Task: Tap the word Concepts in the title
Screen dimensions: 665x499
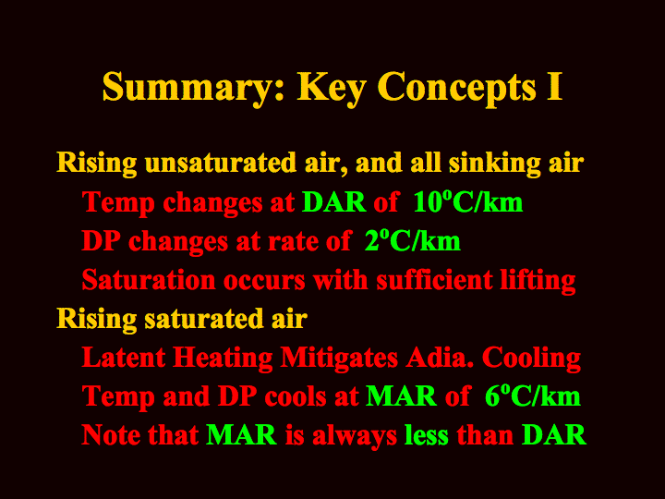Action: click(x=456, y=88)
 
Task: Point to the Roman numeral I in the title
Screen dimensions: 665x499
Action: click(x=554, y=86)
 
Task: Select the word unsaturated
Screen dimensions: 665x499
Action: click(x=221, y=163)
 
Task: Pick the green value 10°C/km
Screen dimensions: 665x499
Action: click(x=467, y=201)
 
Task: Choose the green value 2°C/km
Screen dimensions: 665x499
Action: click(x=413, y=240)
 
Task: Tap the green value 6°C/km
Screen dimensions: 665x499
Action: click(x=533, y=396)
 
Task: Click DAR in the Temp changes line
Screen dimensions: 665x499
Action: click(x=333, y=202)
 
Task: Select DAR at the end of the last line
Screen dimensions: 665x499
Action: click(x=554, y=435)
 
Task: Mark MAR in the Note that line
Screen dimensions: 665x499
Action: click(x=241, y=435)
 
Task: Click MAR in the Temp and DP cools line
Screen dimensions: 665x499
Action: click(x=401, y=396)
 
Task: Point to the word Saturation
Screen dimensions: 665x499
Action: click(x=149, y=280)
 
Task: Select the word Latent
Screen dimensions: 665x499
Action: click(x=124, y=358)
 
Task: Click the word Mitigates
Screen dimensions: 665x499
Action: click(x=339, y=359)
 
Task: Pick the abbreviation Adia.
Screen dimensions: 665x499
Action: click(x=440, y=358)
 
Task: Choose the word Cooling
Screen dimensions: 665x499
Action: click(x=531, y=359)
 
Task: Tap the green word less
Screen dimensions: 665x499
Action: click(x=426, y=435)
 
